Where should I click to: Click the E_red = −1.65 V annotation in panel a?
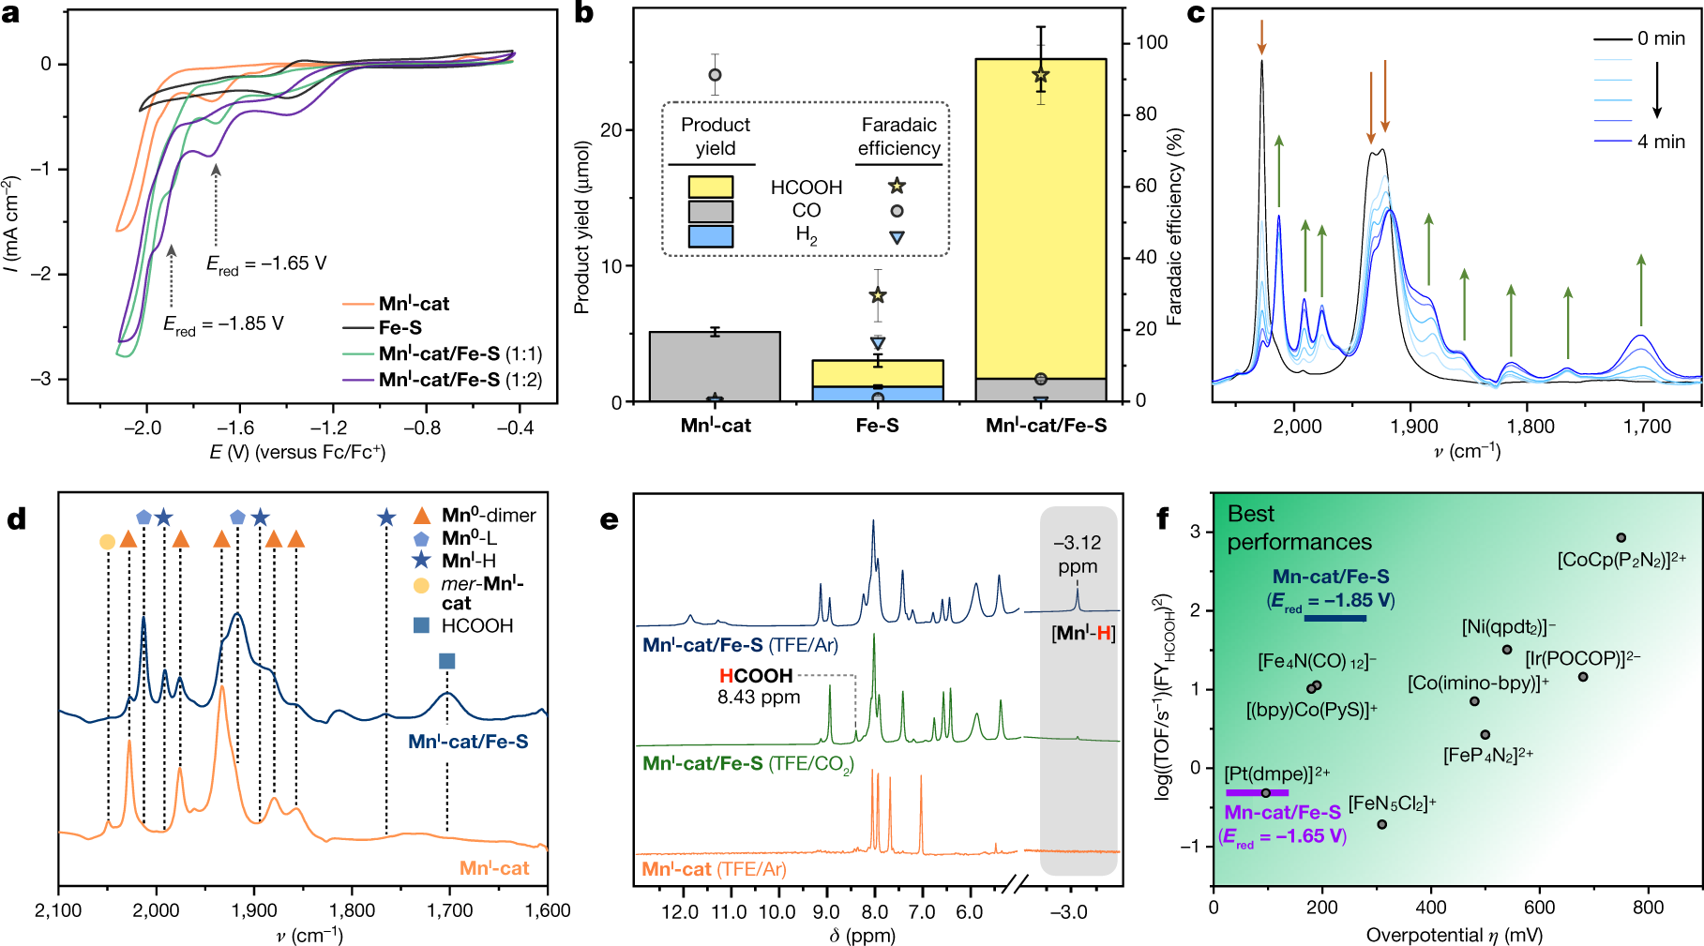[x=266, y=264]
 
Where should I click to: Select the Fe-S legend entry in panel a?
[x=400, y=328]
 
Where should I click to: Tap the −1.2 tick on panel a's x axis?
[x=329, y=428]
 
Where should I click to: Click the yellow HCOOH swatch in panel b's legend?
[x=710, y=187]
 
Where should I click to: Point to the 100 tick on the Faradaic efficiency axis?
[x=1152, y=42]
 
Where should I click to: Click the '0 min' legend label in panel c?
[x=1661, y=38]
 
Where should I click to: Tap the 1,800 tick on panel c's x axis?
[x=1531, y=427]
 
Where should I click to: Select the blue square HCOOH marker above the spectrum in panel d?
[x=447, y=662]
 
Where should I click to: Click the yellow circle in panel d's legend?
[x=421, y=586]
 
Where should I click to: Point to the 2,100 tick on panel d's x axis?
[x=59, y=910]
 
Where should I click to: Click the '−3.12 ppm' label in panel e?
[x=1078, y=555]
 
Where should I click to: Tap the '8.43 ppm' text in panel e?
[x=758, y=698]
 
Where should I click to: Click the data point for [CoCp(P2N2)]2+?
[x=1621, y=538]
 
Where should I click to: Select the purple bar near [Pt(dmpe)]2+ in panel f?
[x=1257, y=793]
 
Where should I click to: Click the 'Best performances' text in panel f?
[x=1299, y=528]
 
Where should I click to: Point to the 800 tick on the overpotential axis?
[x=1648, y=908]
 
